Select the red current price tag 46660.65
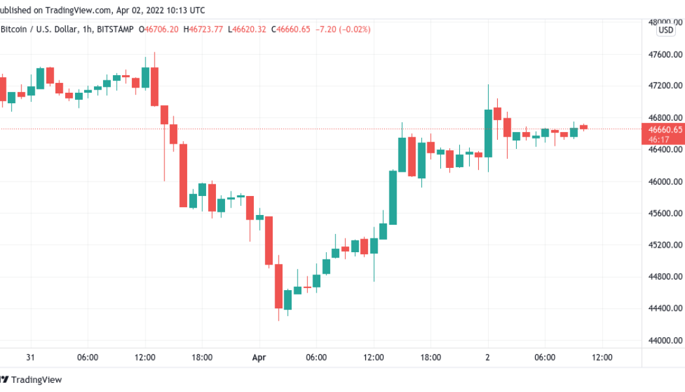coord(665,129)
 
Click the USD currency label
coord(665,30)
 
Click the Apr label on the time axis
coord(259,357)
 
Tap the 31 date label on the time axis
coord(31,357)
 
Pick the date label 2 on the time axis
coord(488,357)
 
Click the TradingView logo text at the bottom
coord(37,380)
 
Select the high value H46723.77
coord(204,29)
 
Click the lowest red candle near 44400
coord(279,286)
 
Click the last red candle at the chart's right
coord(583,127)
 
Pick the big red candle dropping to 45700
coord(183,175)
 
